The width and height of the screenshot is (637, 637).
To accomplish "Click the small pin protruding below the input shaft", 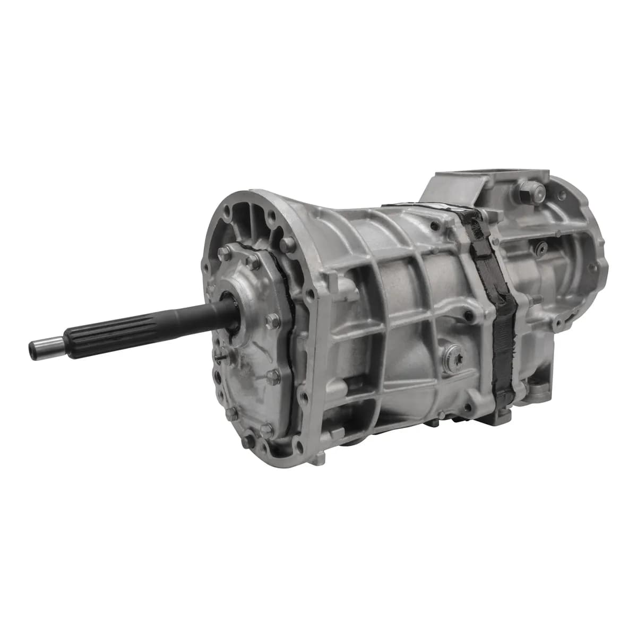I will [x=225, y=357].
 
